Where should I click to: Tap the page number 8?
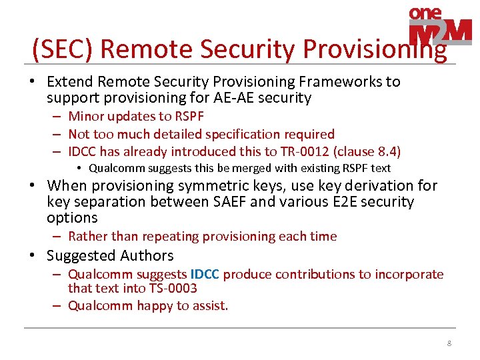point(449,343)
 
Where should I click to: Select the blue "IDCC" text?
point(205,274)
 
